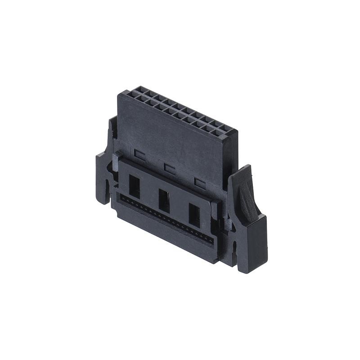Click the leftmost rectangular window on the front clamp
tap(134, 186)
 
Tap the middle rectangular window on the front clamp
tap(164, 201)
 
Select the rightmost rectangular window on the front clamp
tap(194, 215)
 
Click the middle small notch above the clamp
tap(170, 169)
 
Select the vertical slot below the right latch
tap(234, 250)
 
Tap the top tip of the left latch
tap(112, 121)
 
